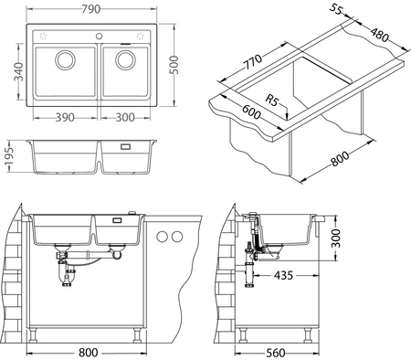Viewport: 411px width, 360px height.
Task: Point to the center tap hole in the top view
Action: click(x=95, y=35)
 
